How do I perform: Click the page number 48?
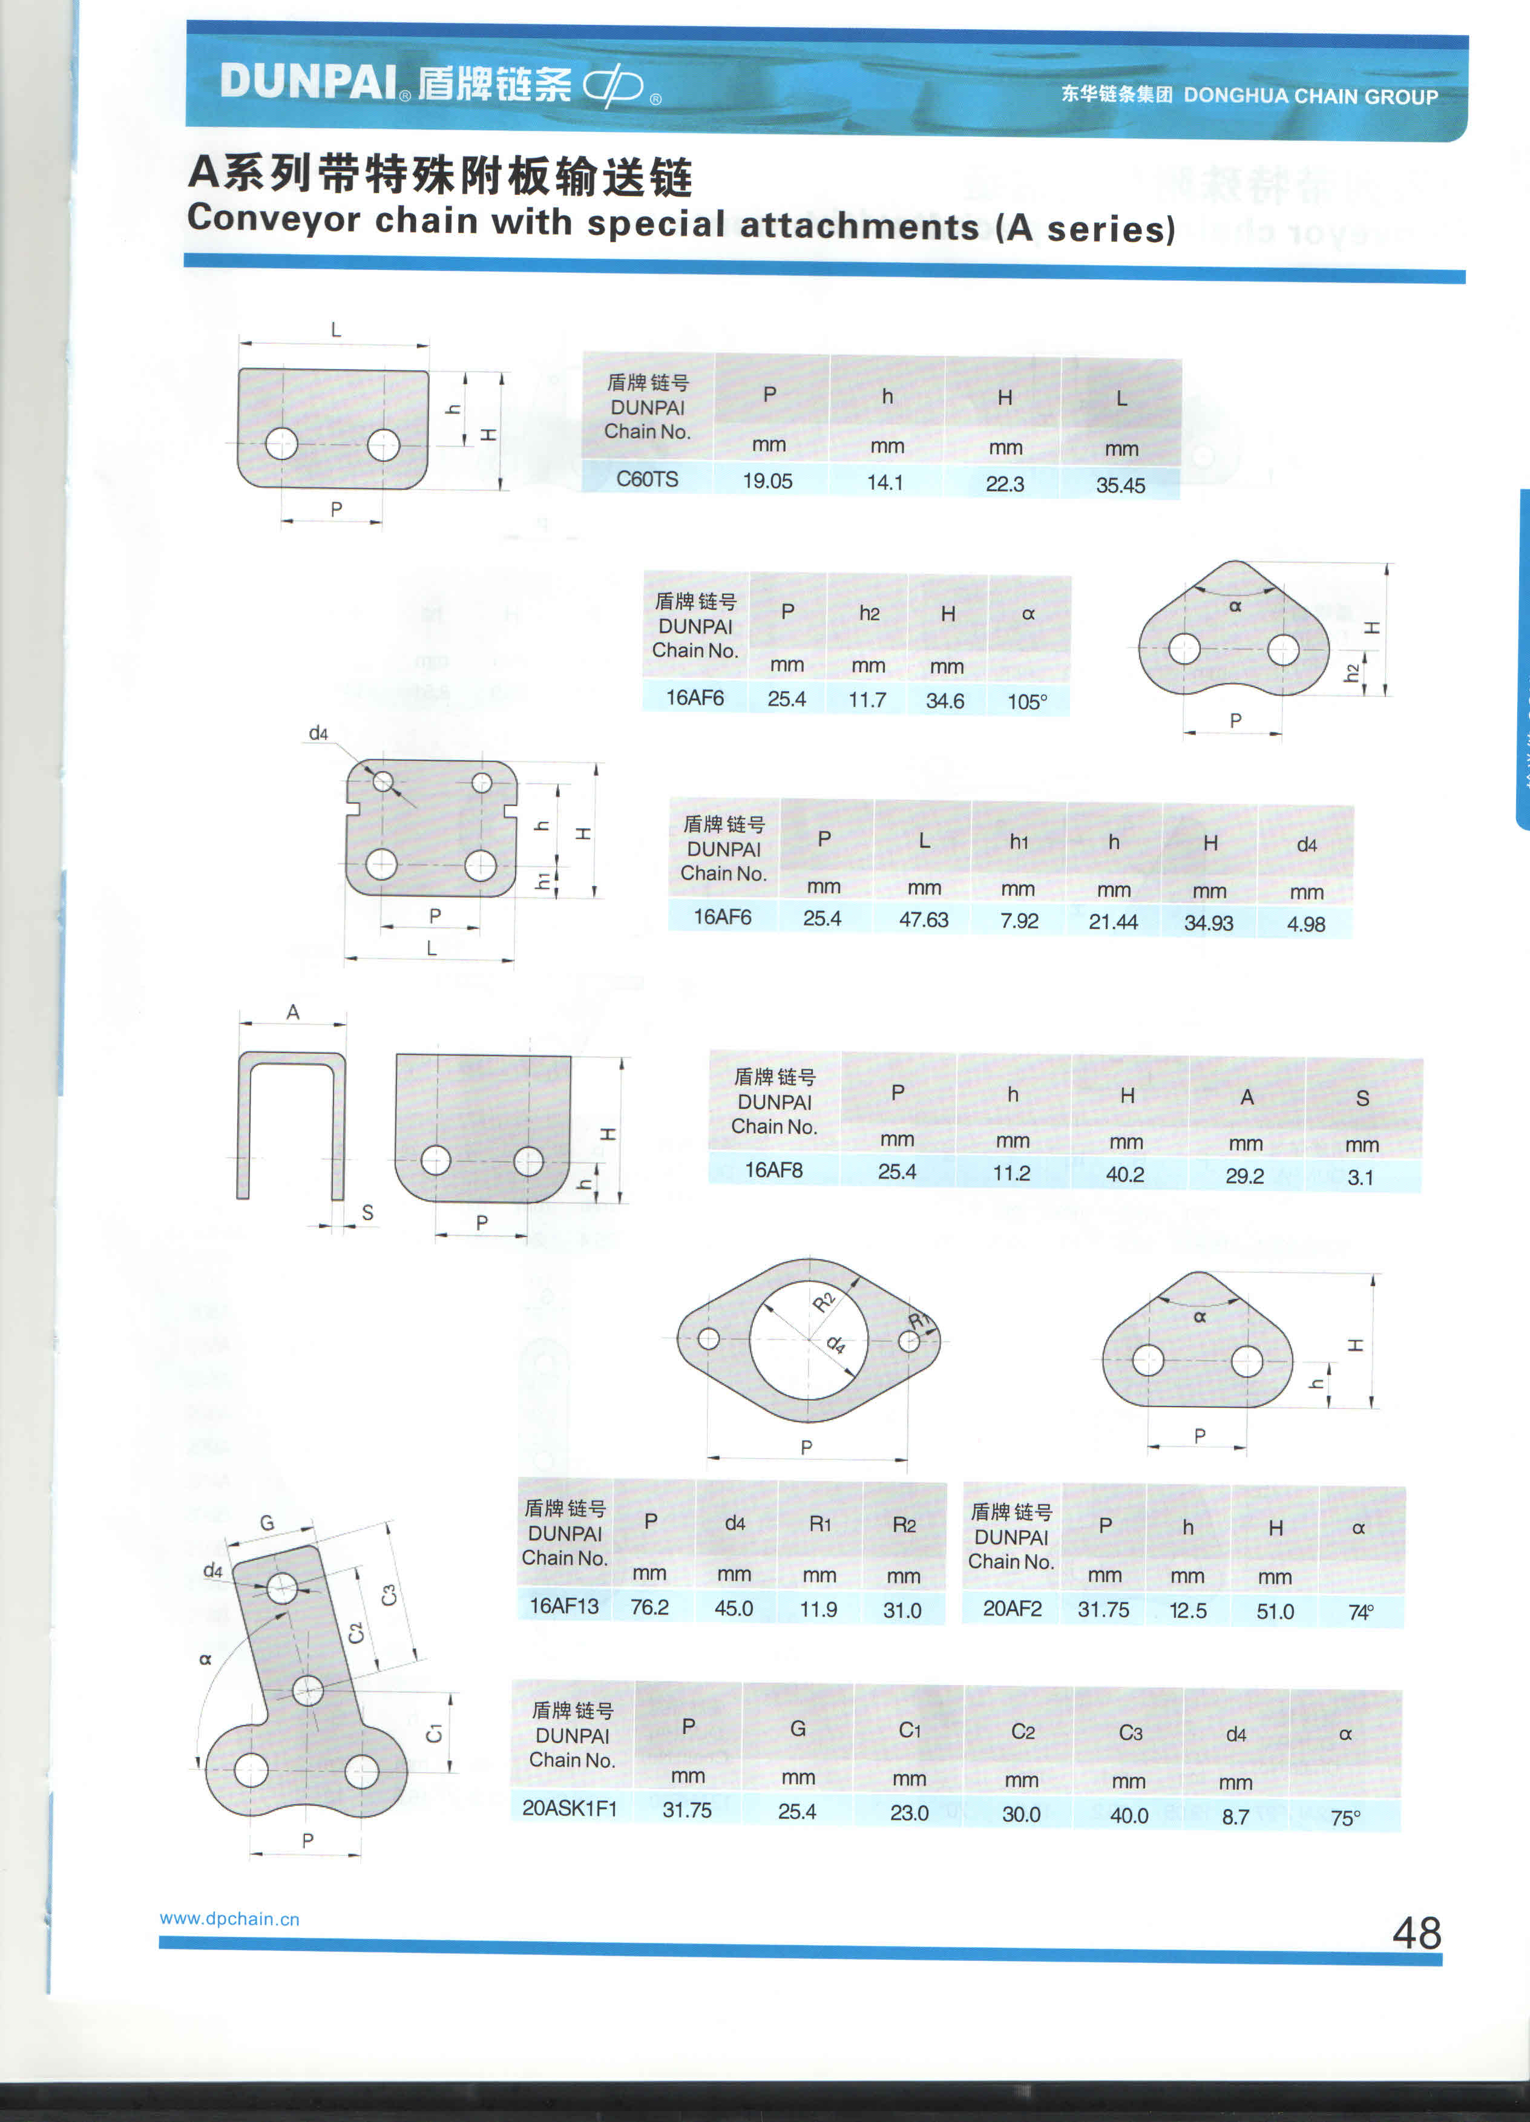(x=1417, y=1933)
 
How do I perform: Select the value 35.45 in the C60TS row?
(x=1120, y=485)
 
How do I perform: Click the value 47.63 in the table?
(x=924, y=920)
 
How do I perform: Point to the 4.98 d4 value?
(x=1305, y=924)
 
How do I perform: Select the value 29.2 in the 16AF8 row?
(x=1244, y=1176)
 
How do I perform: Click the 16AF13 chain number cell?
(x=563, y=1606)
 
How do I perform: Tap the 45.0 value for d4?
(x=734, y=1608)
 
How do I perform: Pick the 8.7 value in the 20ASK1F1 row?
(x=1235, y=1816)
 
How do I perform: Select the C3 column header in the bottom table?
(x=1131, y=1733)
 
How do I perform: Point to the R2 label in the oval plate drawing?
(x=824, y=1301)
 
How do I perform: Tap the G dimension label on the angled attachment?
(x=267, y=1522)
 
